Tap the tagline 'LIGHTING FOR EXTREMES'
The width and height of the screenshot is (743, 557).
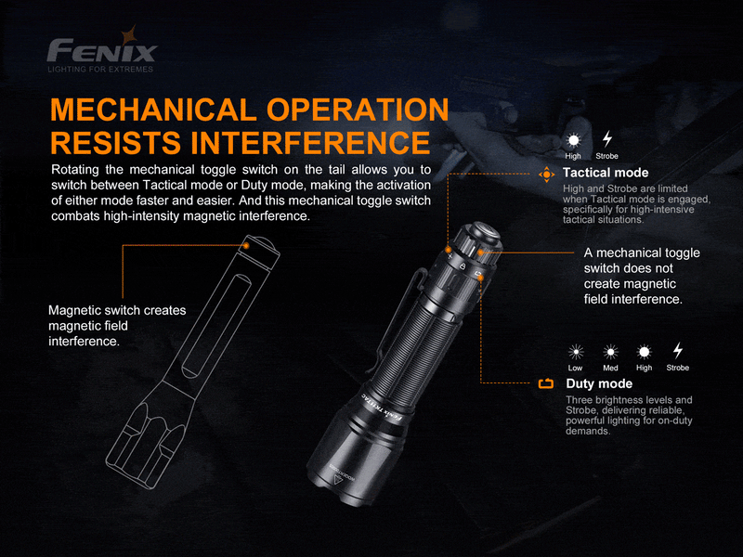click(101, 69)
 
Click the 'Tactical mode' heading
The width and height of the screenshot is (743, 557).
click(606, 173)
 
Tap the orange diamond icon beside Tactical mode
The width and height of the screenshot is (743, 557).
click(546, 174)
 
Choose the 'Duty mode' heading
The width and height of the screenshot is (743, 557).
click(599, 383)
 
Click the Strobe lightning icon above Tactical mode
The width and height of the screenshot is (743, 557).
click(607, 139)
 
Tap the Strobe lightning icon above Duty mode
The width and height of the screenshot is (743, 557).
click(678, 351)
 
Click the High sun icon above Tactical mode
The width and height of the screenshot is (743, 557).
click(573, 139)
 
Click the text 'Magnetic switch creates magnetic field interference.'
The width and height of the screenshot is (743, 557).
click(117, 326)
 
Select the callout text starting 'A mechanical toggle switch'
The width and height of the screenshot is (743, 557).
click(642, 276)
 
